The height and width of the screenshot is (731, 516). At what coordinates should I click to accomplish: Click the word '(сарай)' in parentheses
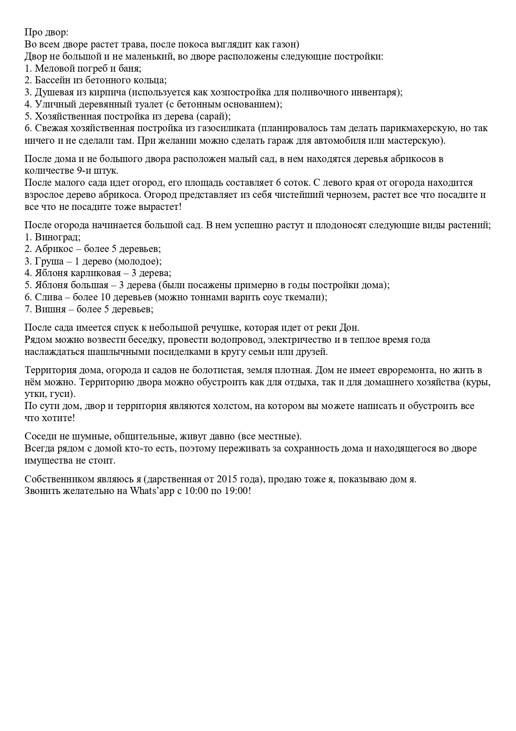click(213, 117)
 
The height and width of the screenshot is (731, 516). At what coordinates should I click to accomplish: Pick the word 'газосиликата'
click(226, 128)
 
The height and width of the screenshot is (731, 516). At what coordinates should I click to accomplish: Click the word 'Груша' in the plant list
click(48, 262)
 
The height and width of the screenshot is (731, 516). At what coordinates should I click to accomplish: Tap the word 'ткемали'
click(308, 297)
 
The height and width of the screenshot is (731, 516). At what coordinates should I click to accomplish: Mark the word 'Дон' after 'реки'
click(350, 327)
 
